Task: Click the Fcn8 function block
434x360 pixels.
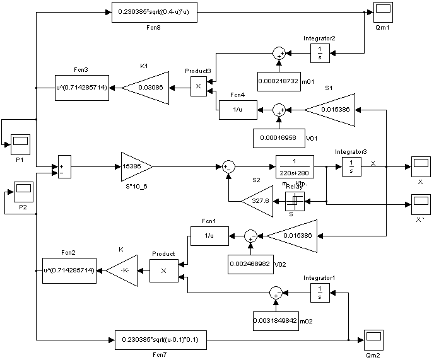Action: (x=158, y=13)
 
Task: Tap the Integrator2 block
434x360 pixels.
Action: (x=320, y=53)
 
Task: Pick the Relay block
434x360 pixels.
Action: (x=294, y=201)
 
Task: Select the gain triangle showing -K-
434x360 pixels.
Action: (x=122, y=270)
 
